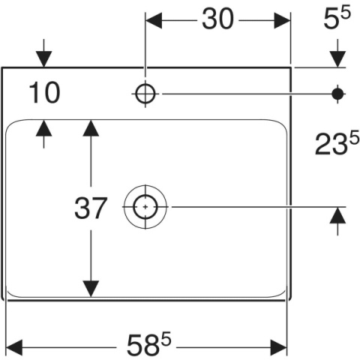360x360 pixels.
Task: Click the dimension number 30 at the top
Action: click(x=217, y=19)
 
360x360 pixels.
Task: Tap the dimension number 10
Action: click(x=44, y=93)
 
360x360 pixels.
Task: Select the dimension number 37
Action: click(x=91, y=208)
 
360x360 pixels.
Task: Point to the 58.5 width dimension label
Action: click(x=149, y=345)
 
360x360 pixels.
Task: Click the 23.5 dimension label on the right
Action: click(x=337, y=143)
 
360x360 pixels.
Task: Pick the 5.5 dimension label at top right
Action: click(x=337, y=17)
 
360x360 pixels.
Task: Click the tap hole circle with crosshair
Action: click(x=145, y=94)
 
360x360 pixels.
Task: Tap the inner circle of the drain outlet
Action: click(x=145, y=207)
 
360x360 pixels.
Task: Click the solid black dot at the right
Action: click(x=337, y=94)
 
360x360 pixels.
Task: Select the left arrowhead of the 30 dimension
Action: click(x=154, y=20)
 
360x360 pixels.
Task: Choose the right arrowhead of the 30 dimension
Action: click(x=282, y=20)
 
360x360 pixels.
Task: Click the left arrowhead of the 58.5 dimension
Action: click(x=14, y=347)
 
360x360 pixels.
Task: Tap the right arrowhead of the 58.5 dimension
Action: click(x=279, y=347)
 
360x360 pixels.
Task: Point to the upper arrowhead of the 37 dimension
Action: click(x=91, y=128)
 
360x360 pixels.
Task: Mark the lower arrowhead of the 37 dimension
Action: click(x=91, y=289)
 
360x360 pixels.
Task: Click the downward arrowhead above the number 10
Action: click(x=44, y=59)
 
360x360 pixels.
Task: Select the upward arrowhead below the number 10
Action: click(x=44, y=128)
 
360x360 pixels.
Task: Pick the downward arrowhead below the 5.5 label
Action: click(x=337, y=59)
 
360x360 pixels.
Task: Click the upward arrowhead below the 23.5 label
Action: click(x=337, y=215)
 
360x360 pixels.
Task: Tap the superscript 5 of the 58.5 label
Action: click(x=166, y=338)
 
